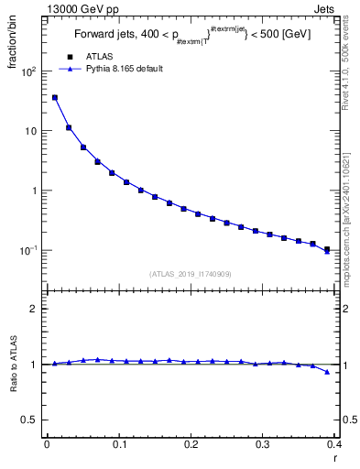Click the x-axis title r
334,458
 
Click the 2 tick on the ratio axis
34,309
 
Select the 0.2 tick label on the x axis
191,444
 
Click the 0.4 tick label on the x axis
334,444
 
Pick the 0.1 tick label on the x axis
118,444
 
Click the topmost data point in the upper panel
55,97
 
